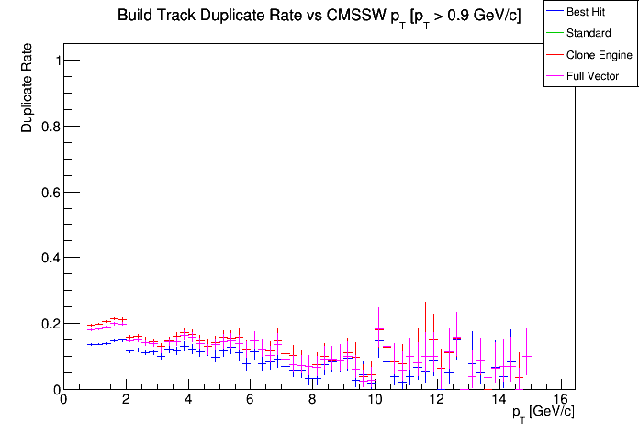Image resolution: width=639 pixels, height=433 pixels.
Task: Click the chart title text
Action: click(x=319, y=17)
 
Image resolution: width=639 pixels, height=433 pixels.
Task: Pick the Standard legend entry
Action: click(x=589, y=33)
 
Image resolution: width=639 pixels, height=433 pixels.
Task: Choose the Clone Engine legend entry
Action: click(x=600, y=55)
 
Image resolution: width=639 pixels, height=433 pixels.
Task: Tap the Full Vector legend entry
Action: click(x=593, y=76)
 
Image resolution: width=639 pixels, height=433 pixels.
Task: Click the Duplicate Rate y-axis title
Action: click(x=28, y=88)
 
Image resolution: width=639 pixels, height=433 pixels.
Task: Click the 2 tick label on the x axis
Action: click(x=125, y=400)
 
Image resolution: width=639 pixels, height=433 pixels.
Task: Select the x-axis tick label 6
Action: click(x=250, y=400)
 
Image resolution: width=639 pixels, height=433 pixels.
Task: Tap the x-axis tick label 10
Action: click(x=375, y=400)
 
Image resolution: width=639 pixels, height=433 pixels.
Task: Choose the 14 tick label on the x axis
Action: click(x=499, y=400)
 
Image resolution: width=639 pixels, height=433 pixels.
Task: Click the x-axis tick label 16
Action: click(x=561, y=400)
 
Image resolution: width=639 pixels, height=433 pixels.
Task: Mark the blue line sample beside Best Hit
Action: click(x=555, y=12)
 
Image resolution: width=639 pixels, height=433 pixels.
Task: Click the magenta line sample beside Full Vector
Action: click(x=555, y=76)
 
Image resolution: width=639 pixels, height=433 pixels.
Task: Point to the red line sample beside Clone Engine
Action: click(x=555, y=55)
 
